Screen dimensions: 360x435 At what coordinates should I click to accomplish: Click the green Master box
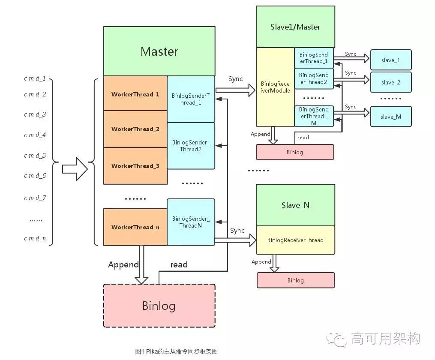[x=159, y=51]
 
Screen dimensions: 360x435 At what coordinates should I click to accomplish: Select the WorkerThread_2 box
[x=135, y=129]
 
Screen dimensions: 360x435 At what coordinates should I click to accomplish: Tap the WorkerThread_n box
[x=135, y=227]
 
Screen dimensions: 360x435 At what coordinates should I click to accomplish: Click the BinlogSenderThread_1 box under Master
[x=191, y=99]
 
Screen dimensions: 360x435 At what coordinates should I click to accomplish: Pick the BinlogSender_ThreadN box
[x=191, y=222]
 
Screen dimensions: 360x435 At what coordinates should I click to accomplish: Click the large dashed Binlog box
[x=159, y=306]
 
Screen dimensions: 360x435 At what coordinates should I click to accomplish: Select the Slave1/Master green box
[x=295, y=27]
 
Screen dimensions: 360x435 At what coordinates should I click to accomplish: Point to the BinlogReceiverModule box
[x=275, y=87]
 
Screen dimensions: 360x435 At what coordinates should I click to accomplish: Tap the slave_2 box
[x=390, y=82]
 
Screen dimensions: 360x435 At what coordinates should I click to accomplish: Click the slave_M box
[x=390, y=116]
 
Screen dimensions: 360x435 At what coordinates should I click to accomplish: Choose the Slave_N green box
[x=295, y=205]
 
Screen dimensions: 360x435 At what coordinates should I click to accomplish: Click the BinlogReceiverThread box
[x=295, y=240]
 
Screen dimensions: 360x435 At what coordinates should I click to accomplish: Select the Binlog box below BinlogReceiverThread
[x=295, y=280]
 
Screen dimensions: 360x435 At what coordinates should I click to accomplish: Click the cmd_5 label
[x=35, y=156]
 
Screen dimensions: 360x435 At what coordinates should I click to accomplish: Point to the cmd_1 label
[x=35, y=79]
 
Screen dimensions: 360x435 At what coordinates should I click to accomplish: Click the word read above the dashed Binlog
[x=179, y=265]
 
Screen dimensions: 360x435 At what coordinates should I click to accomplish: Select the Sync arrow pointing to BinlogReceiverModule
[x=235, y=90]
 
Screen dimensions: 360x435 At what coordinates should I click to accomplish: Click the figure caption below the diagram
[x=176, y=351]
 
